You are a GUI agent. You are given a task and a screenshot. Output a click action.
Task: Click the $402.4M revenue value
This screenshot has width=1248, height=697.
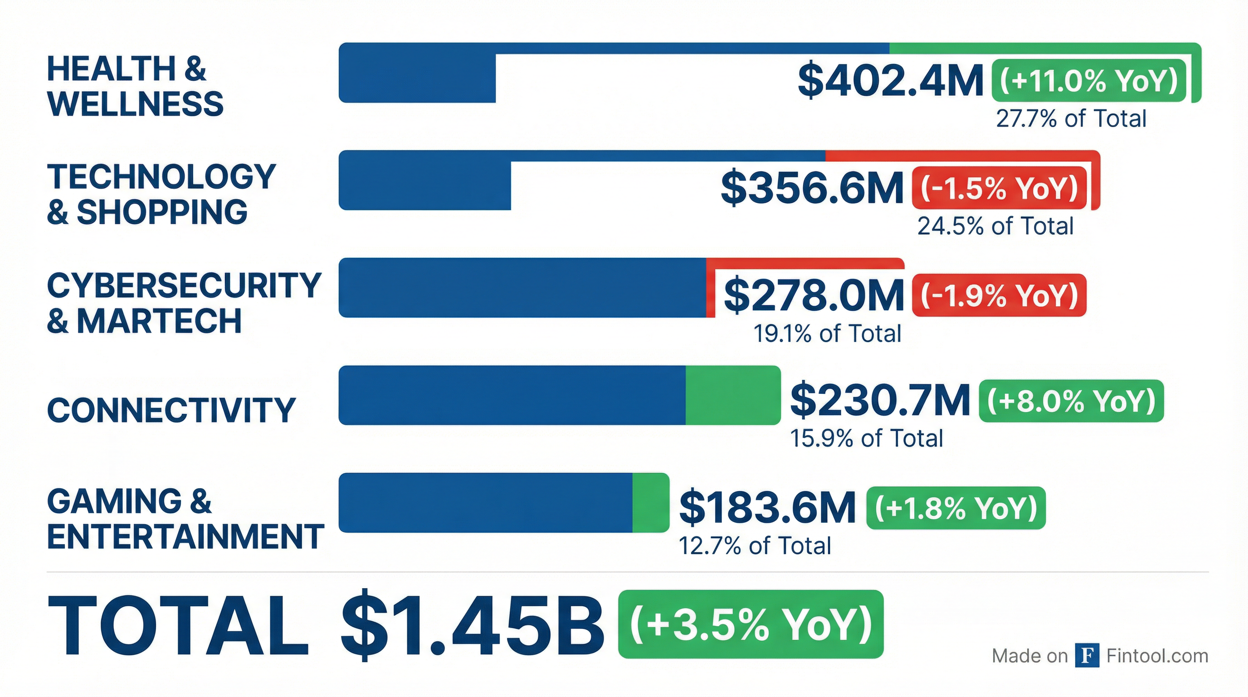tap(891, 81)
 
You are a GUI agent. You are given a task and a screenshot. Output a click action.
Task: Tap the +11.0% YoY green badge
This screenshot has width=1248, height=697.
tap(1088, 81)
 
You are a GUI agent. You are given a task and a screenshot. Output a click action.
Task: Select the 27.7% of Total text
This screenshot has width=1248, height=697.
tap(1071, 119)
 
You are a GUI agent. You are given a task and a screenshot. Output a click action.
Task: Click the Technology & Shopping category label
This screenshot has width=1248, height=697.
tap(161, 194)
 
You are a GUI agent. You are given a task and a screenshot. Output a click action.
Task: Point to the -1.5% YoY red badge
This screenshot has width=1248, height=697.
tap(999, 189)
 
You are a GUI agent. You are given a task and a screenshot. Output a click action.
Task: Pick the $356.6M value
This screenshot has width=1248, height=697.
tap(812, 189)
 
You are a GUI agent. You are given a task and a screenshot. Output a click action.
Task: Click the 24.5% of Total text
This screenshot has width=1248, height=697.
tap(995, 226)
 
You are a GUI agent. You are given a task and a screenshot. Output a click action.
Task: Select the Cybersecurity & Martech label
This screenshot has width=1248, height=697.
tap(184, 303)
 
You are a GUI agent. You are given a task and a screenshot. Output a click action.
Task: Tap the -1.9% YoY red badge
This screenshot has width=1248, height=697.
tap(999, 296)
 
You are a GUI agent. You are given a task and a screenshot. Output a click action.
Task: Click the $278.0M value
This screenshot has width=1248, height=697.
tap(814, 296)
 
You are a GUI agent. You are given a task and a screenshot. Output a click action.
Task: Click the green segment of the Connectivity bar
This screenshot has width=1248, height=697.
tap(732, 396)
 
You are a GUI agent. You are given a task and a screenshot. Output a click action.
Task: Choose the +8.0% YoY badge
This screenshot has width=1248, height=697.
tap(1071, 401)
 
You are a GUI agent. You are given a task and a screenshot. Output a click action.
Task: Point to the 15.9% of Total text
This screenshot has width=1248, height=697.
tap(866, 439)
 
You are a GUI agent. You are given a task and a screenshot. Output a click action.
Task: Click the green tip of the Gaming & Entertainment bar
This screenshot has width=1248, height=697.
tap(650, 503)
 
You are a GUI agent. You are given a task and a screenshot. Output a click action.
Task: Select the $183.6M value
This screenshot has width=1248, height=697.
tap(767, 508)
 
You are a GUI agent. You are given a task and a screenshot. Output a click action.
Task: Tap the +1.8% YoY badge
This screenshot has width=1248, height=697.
tap(955, 508)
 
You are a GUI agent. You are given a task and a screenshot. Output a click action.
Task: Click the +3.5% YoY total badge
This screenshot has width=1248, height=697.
tap(751, 624)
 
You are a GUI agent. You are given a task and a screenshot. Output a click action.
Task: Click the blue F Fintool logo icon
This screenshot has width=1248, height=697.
tap(1087, 656)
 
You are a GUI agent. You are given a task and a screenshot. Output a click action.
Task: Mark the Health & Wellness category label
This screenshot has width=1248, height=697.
tap(135, 86)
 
